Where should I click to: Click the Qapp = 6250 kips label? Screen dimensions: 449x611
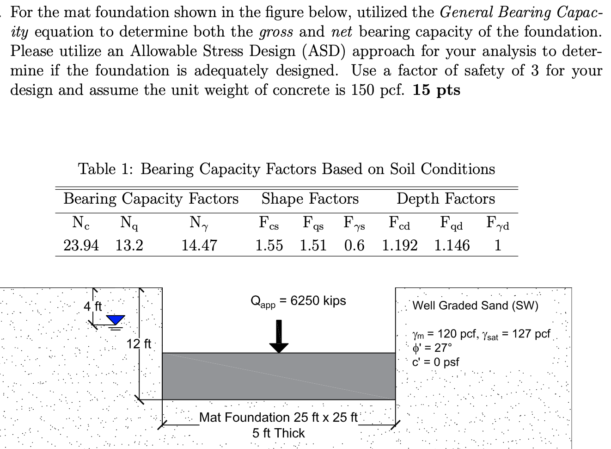[298, 301]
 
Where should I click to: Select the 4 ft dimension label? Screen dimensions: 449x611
[92, 306]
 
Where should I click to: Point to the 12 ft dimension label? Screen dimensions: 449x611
[139, 344]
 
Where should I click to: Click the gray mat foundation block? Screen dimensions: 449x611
[279, 376]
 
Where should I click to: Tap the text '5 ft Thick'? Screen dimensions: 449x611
[279, 433]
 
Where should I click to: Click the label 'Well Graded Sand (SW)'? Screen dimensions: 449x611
[475, 306]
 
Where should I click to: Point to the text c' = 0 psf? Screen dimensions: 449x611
[435, 362]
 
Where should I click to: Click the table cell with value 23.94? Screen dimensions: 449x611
[81, 245]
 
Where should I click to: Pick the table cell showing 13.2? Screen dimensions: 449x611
[129, 245]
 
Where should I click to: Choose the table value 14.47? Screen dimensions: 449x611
[199, 245]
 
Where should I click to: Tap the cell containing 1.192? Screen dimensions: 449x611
[400, 245]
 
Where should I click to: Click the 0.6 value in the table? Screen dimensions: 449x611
[354, 245]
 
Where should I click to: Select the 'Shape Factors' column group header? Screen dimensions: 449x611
[310, 199]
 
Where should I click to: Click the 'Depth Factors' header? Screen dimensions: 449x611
[446, 199]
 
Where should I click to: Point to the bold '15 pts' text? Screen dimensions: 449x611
[437, 90]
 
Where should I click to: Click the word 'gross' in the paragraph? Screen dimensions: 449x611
[276, 32]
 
